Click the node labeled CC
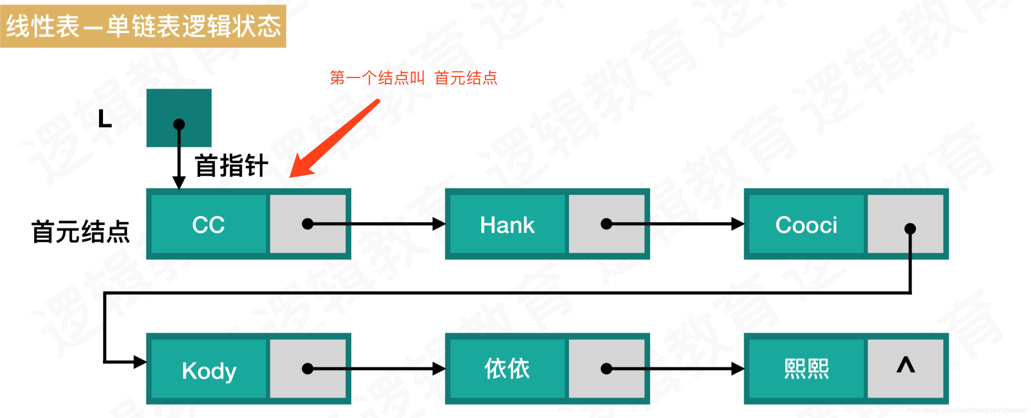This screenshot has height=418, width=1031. click(208, 225)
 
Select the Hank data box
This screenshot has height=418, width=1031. click(507, 225)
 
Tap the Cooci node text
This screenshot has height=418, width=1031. click(806, 225)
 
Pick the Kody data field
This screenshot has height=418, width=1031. click(209, 370)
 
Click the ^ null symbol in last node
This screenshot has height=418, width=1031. click(905, 365)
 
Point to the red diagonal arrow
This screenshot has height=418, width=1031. click(335, 138)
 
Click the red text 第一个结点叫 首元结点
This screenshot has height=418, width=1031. click(413, 78)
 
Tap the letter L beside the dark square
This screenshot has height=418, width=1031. click(105, 119)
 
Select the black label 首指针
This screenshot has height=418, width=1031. click(231, 166)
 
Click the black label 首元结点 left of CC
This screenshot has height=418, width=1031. click(81, 231)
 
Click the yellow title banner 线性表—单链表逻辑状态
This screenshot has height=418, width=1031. click(143, 26)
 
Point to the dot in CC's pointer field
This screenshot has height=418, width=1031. click(307, 224)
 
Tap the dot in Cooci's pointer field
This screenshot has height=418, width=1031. click(910, 228)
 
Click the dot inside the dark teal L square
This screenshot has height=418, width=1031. click(179, 124)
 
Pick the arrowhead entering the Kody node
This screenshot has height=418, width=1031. click(140, 362)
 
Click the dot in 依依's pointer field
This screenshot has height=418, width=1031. click(606, 368)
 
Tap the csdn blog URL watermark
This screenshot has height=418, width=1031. click(966, 410)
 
